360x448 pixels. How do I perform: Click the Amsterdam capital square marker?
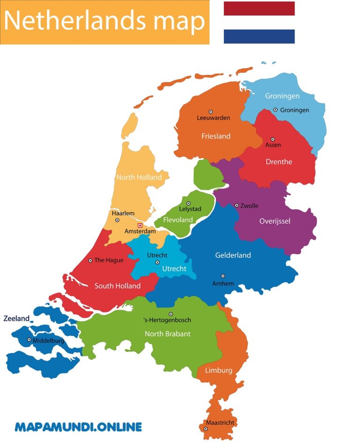(140, 226)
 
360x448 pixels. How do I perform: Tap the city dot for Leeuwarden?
(211, 112)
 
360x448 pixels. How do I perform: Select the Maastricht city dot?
(205, 429)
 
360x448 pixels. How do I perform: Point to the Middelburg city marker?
(29, 340)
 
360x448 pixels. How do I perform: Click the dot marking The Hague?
(90, 260)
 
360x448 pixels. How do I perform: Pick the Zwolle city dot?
(237, 205)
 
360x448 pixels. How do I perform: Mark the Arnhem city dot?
(223, 276)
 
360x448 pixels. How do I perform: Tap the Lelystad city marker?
(188, 204)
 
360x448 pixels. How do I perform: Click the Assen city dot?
(273, 139)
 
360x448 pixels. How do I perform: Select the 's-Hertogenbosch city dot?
(171, 314)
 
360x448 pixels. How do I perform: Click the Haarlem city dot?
(117, 220)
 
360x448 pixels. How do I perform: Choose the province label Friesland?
(216, 136)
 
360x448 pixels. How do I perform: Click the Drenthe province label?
(278, 162)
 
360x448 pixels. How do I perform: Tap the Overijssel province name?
(275, 221)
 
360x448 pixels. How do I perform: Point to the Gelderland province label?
(233, 255)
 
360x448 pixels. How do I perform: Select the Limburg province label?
(218, 370)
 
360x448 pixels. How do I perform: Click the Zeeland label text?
(16, 319)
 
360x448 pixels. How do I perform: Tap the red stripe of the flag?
(259, 8)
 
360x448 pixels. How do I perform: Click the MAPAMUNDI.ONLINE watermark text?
(78, 427)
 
